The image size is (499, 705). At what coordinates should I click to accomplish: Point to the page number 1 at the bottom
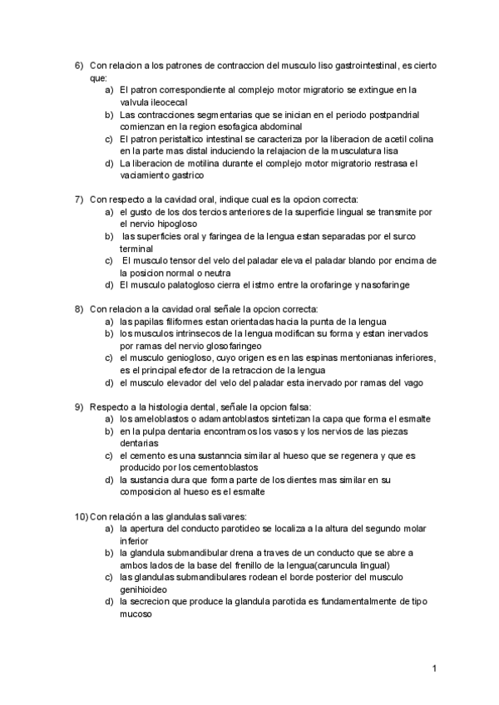coord(435,668)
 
